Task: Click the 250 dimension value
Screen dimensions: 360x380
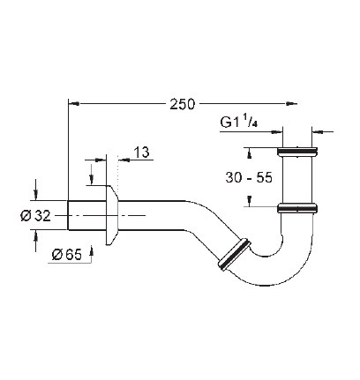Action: pyautogui.click(x=182, y=104)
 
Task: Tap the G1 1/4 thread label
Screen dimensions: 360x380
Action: pyautogui.click(x=239, y=123)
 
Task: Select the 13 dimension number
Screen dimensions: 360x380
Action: pyautogui.click(x=141, y=153)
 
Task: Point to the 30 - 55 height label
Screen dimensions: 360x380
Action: pyautogui.click(x=249, y=177)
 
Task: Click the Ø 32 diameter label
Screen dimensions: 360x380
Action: pyautogui.click(x=35, y=216)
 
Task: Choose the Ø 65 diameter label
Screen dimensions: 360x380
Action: pyautogui.click(x=66, y=255)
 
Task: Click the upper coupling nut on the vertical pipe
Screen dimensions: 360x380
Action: pyautogui.click(x=297, y=152)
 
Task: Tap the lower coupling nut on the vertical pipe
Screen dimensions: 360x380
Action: pyautogui.click(x=297, y=208)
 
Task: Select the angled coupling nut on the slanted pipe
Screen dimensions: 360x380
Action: pyautogui.click(x=235, y=254)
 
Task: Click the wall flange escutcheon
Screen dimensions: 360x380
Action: pyautogui.click(x=111, y=215)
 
